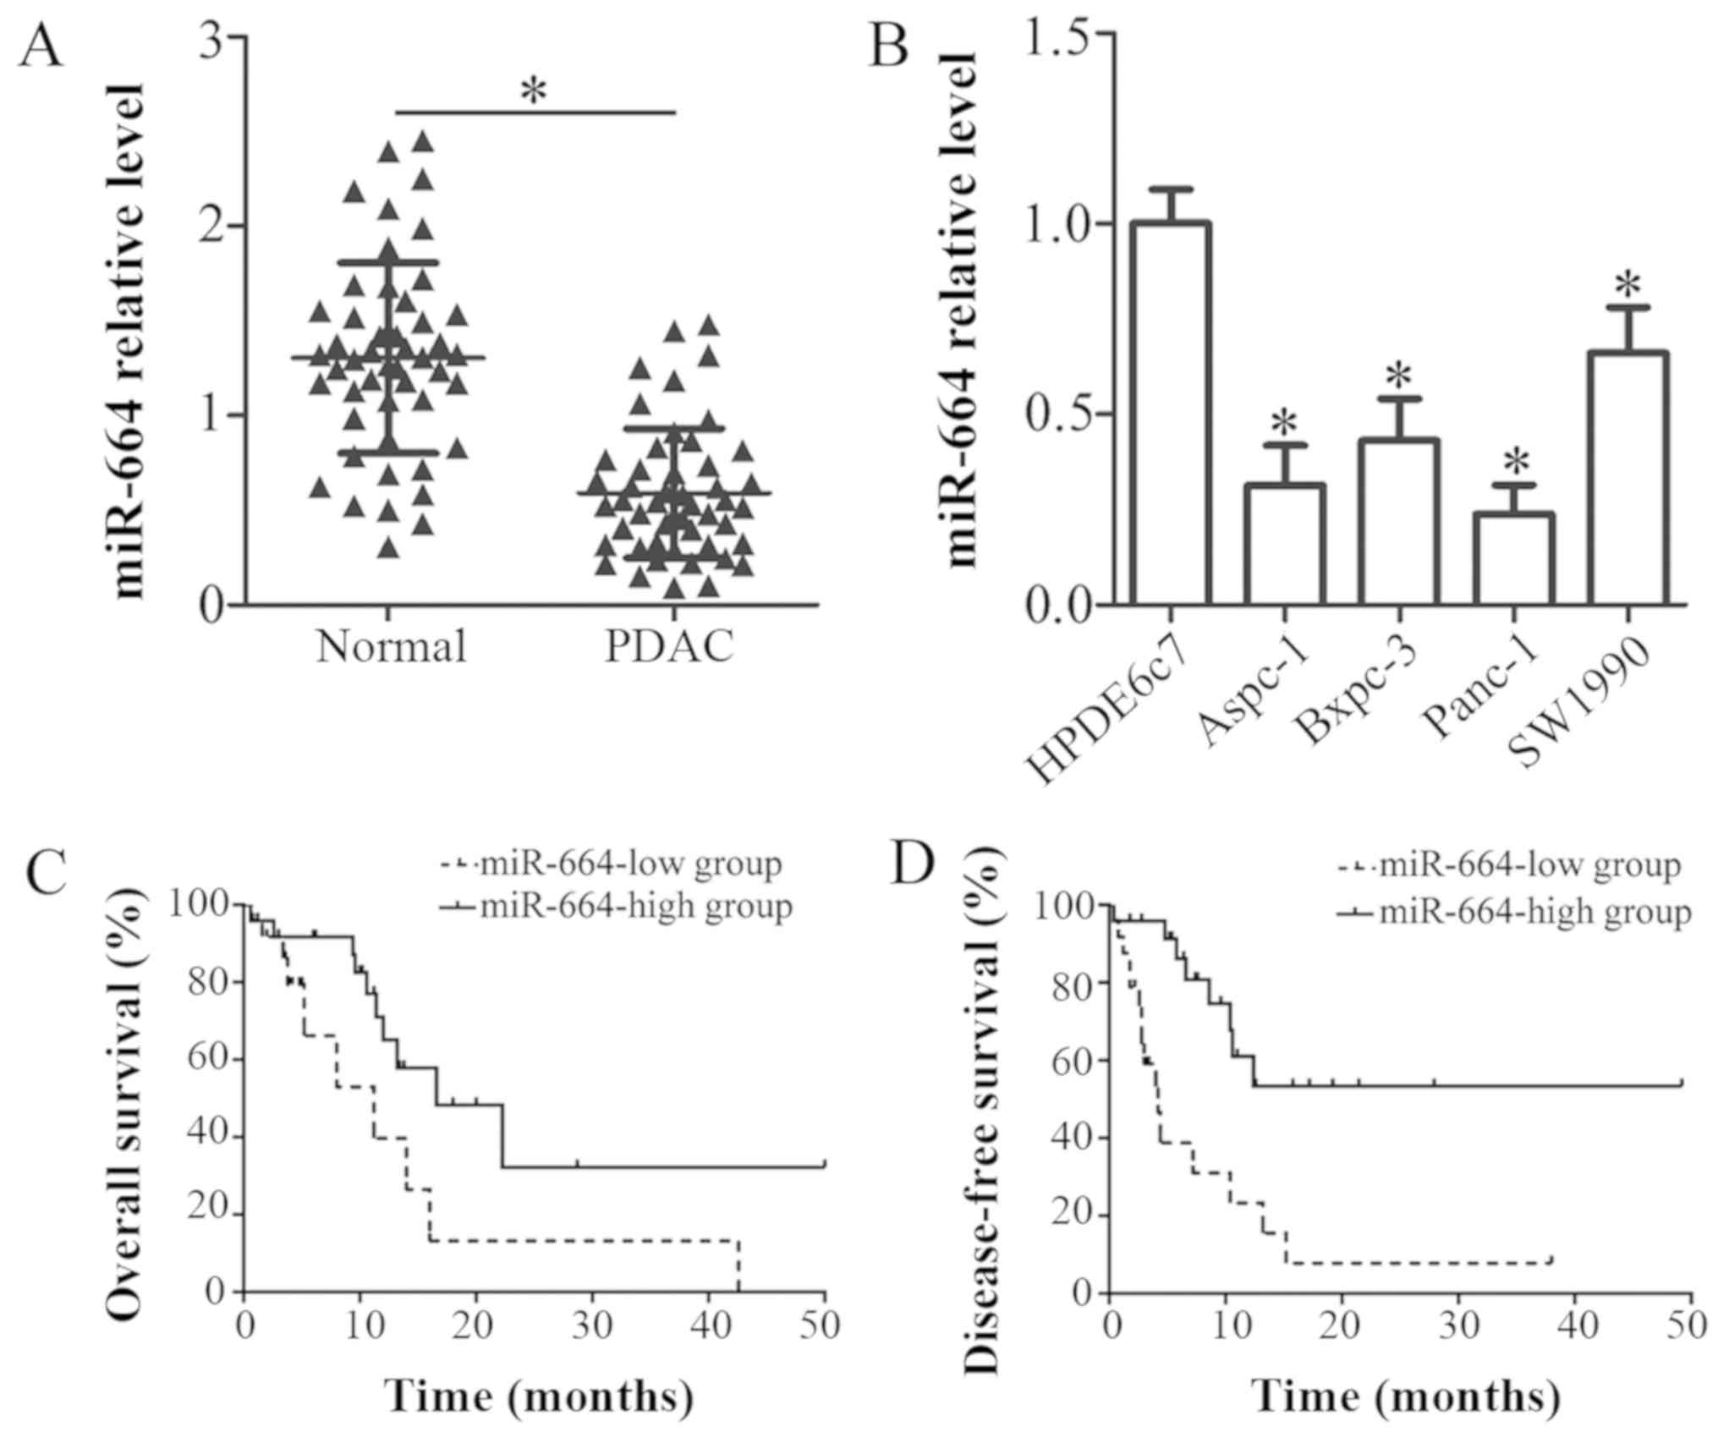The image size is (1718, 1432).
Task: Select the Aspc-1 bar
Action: [1284, 546]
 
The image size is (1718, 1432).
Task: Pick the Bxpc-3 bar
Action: [1398, 523]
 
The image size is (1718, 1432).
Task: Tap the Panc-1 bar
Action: [1513, 559]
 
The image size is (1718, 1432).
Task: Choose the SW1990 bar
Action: [1627, 479]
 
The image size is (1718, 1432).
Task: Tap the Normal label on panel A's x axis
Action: [392, 647]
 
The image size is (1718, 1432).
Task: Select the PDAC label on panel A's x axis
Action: [669, 647]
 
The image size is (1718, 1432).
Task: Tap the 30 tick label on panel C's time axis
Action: [591, 1325]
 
